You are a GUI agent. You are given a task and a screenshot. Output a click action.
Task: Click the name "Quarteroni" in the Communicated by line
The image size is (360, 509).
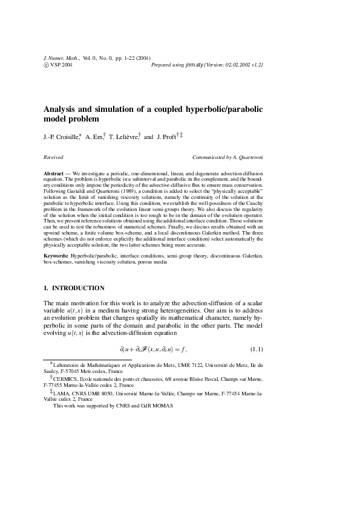click(247, 157)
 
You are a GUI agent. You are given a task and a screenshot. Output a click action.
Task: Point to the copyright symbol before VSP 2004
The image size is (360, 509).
click(47, 63)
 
